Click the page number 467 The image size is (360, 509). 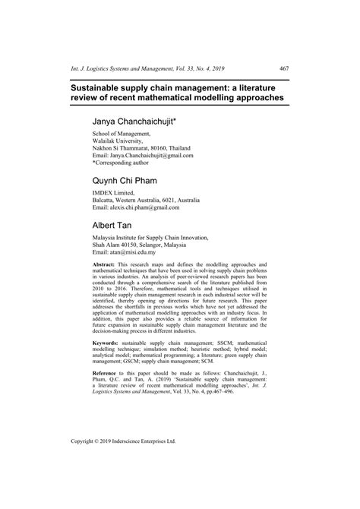click(283, 68)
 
